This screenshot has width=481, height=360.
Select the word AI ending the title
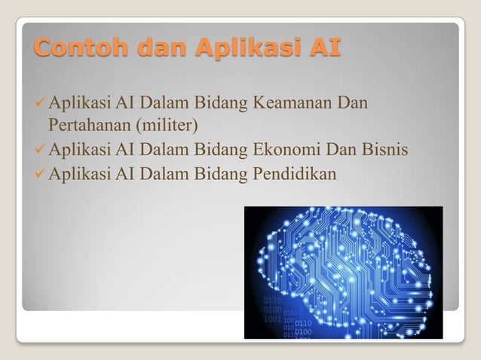(x=325, y=49)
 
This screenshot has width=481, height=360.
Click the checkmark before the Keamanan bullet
(x=40, y=102)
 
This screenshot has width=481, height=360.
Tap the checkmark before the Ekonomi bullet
(x=40, y=150)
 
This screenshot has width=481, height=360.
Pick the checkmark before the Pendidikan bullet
(x=40, y=174)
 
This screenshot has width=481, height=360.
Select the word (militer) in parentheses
(x=164, y=124)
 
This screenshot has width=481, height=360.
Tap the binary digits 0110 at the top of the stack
(x=273, y=300)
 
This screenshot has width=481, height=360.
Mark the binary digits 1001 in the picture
(x=273, y=319)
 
